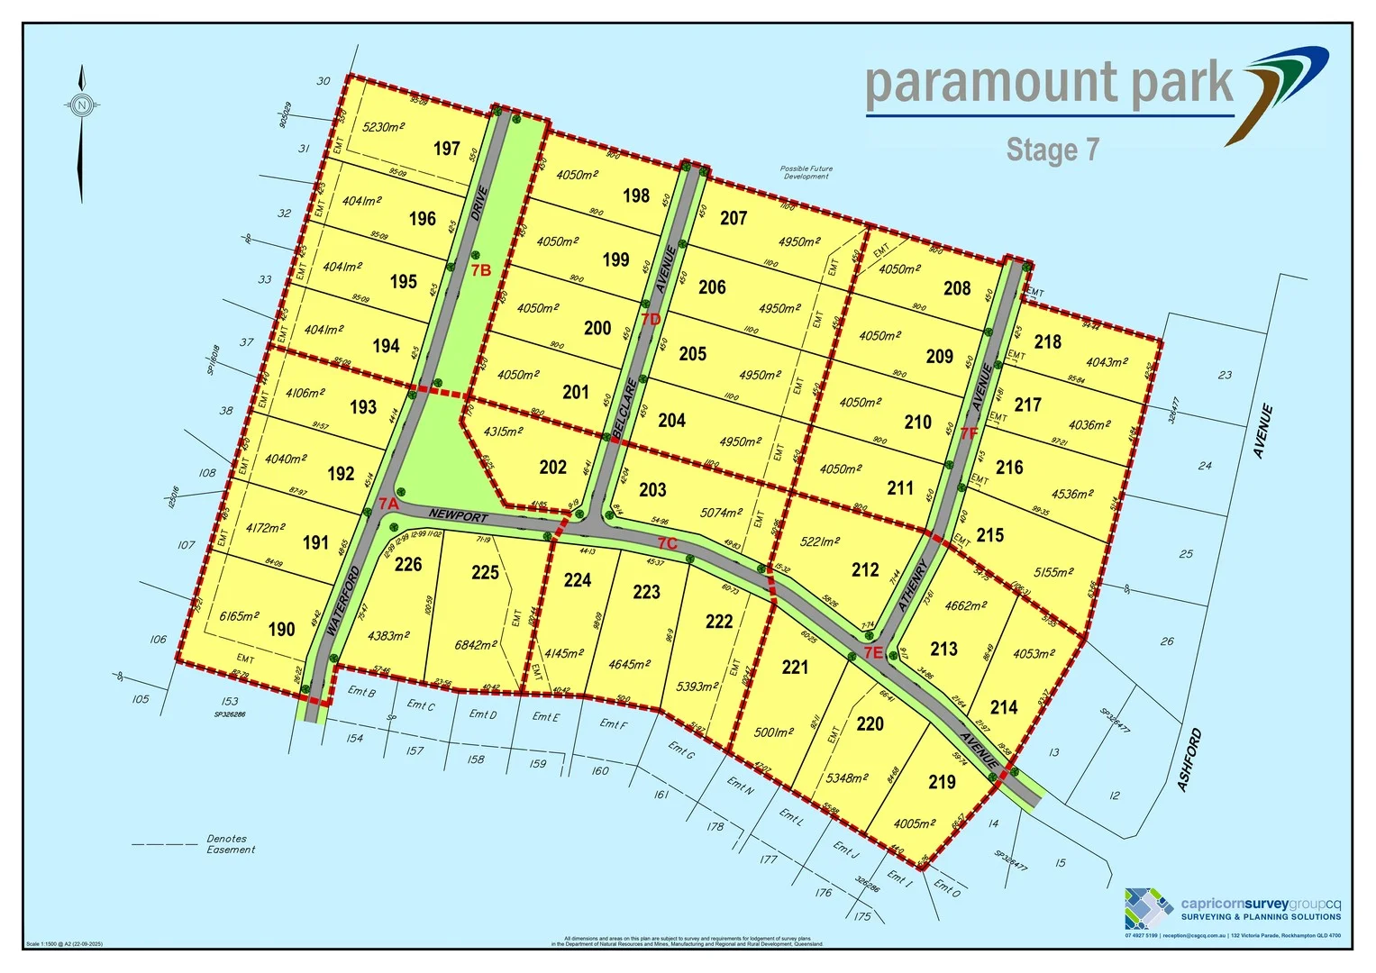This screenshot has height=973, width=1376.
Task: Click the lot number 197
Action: (x=447, y=149)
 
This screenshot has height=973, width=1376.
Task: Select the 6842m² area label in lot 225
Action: (x=476, y=645)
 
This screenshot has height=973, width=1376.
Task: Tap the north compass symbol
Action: (x=82, y=105)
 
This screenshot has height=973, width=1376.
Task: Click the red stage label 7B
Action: (x=480, y=270)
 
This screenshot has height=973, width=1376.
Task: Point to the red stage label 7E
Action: (x=872, y=652)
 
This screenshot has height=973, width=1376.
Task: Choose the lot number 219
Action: (x=942, y=782)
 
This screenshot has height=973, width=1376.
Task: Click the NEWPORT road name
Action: (x=458, y=516)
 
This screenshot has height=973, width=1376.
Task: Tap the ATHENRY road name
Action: (x=913, y=587)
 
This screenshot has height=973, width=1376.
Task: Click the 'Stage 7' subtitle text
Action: (x=1053, y=150)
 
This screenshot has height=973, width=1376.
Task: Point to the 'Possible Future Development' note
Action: (x=806, y=172)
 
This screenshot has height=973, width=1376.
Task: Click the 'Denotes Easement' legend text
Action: (x=231, y=844)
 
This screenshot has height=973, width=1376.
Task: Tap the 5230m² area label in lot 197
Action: (x=383, y=127)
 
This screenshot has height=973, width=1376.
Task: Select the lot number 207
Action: (x=734, y=218)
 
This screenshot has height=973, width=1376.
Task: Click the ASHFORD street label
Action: (x=1189, y=761)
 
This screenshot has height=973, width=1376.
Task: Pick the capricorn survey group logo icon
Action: (x=1149, y=908)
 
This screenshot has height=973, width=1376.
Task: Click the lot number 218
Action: (x=1048, y=342)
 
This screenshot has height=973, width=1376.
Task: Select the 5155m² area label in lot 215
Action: (x=1053, y=572)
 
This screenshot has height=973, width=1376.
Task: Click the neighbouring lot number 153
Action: (x=230, y=701)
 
